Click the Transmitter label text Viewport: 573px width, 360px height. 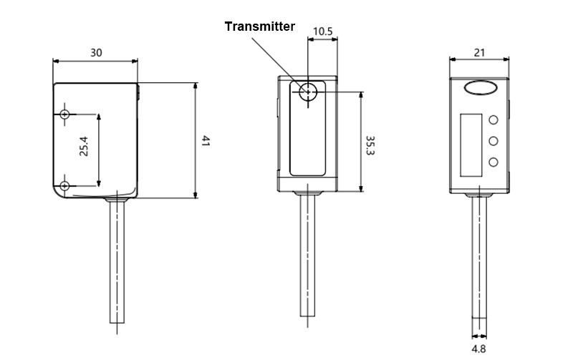(259, 26)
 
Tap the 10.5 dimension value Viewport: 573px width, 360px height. (322, 31)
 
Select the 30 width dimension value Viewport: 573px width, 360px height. (96, 53)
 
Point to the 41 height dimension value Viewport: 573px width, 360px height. (205, 141)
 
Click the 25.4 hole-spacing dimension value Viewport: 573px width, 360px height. (84, 146)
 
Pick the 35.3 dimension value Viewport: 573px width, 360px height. (370, 145)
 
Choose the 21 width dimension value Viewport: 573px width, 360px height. (479, 52)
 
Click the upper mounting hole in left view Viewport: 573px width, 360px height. (65, 115)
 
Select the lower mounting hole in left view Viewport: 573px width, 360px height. (65, 186)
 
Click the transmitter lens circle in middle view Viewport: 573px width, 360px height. (307, 92)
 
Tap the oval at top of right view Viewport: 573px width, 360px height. (479, 89)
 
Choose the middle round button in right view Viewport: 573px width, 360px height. (493, 141)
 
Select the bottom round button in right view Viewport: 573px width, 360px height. (493, 162)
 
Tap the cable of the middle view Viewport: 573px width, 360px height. (307, 258)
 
